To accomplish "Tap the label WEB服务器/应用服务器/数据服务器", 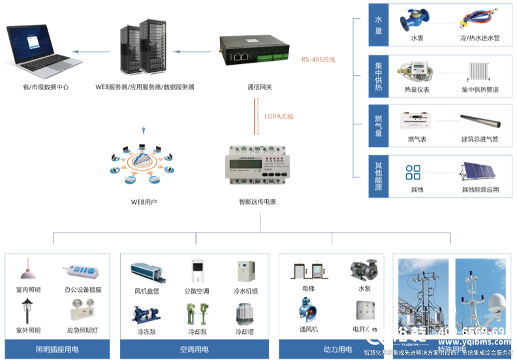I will tap(145, 86).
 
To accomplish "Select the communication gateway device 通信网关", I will tap(255, 51).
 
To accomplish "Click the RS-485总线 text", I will tap(318, 59).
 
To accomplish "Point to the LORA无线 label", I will tap(279, 116).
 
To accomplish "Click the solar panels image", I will tap(480, 173).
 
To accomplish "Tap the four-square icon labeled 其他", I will tap(413, 172).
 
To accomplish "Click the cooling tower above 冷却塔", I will tap(245, 314).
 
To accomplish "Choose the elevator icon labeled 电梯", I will tap(309, 270).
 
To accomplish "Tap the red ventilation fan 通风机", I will tap(308, 311).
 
